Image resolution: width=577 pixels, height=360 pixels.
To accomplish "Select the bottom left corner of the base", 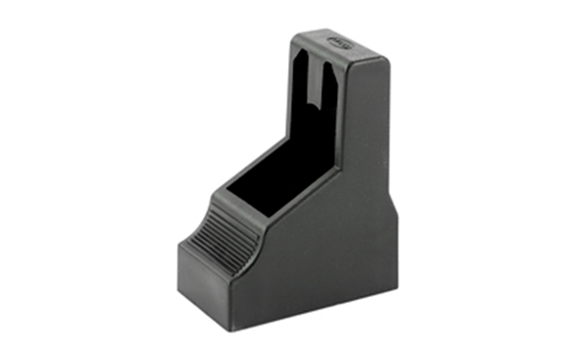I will [181, 293].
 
